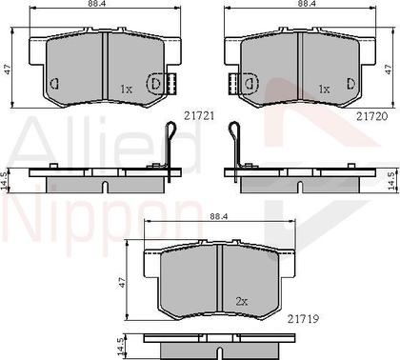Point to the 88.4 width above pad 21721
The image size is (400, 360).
pyautogui.click(x=93, y=6)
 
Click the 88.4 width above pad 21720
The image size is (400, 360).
pyautogui.click(x=306, y=6)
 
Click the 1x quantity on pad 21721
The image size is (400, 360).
pyautogui.click(x=126, y=89)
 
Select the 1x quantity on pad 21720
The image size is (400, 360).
pyautogui.click(x=324, y=89)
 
